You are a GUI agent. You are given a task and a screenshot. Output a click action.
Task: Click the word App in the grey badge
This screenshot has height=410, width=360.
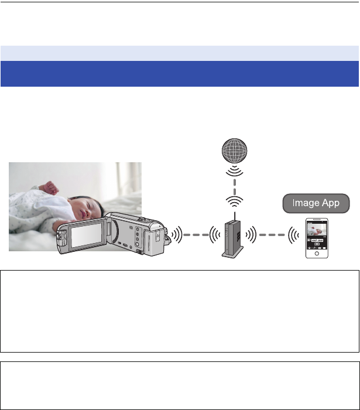click(334, 204)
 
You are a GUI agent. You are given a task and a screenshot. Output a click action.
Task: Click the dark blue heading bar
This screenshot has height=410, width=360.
click(180, 74)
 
